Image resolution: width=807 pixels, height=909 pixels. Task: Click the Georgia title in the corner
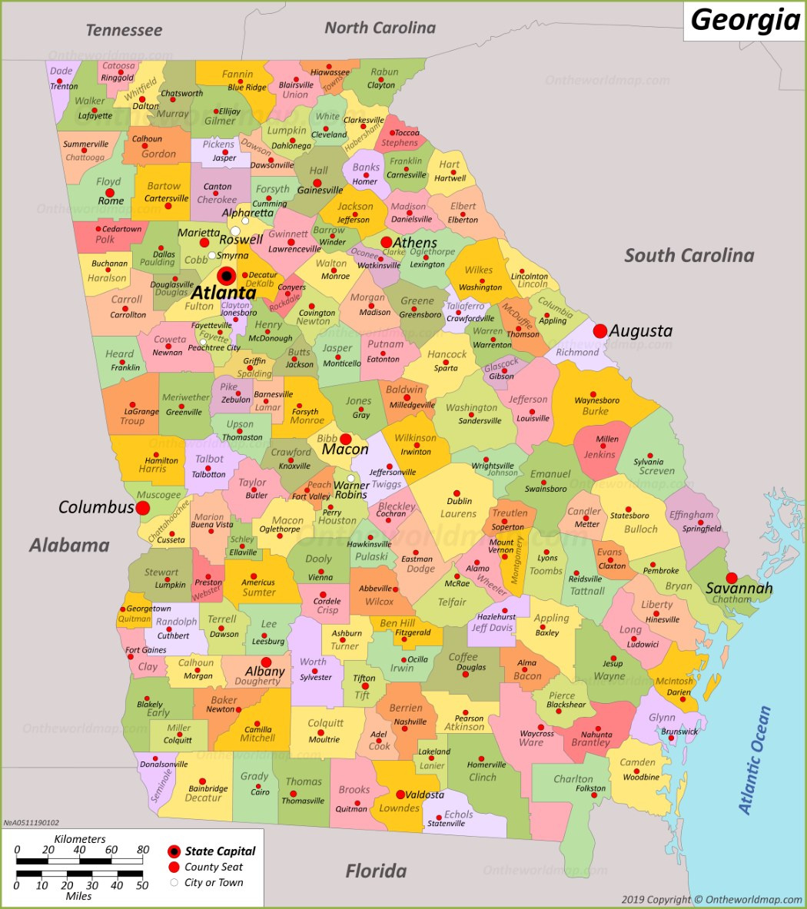pyautogui.click(x=745, y=20)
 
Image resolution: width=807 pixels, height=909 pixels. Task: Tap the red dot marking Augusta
pyautogui.click(x=600, y=331)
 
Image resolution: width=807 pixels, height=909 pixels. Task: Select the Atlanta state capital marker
pyautogui.click(x=226, y=276)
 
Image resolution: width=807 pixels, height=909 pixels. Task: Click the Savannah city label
pyautogui.click(x=739, y=589)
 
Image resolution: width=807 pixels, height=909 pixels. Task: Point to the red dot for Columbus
pyautogui.click(x=143, y=508)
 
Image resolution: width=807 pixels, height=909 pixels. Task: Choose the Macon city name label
pyautogui.click(x=345, y=450)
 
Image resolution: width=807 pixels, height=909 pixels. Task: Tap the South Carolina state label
pyautogui.click(x=689, y=256)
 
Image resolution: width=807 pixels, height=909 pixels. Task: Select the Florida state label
pyautogui.click(x=376, y=871)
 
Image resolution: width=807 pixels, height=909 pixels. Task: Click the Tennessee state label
pyautogui.click(x=124, y=31)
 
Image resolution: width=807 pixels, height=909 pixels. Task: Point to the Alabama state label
pyautogui.click(x=69, y=546)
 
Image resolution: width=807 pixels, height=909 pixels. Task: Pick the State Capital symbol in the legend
pyautogui.click(x=174, y=851)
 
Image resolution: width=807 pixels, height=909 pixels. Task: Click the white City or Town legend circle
pyautogui.click(x=174, y=883)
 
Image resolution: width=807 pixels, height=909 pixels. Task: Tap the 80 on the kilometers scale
pyautogui.click(x=143, y=851)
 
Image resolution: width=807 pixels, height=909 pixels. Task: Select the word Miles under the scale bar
pyautogui.click(x=78, y=896)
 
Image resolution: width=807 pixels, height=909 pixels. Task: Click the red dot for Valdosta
pyautogui.click(x=400, y=795)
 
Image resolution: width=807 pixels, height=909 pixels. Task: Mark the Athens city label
pyautogui.click(x=415, y=243)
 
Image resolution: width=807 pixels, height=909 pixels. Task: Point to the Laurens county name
pyautogui.click(x=458, y=514)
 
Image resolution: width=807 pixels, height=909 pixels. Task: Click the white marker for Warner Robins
pyautogui.click(x=351, y=478)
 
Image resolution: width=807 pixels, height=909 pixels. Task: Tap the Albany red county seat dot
pyautogui.click(x=266, y=662)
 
